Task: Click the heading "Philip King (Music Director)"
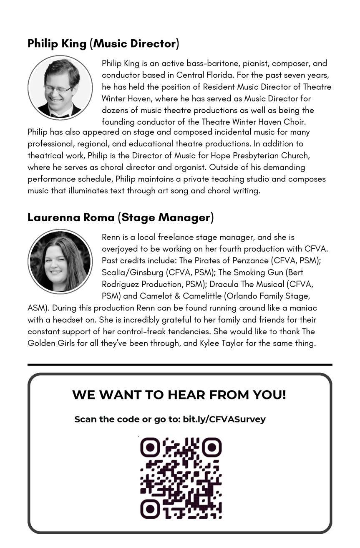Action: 103,43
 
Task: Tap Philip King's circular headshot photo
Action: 60,88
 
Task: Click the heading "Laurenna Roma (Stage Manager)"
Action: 121,217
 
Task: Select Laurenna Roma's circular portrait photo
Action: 60,261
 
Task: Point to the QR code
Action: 181,478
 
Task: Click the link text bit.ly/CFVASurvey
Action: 224,419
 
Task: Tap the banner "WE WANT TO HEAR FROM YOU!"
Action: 179,394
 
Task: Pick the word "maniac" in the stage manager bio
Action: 302,308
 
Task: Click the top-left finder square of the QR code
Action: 150,447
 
